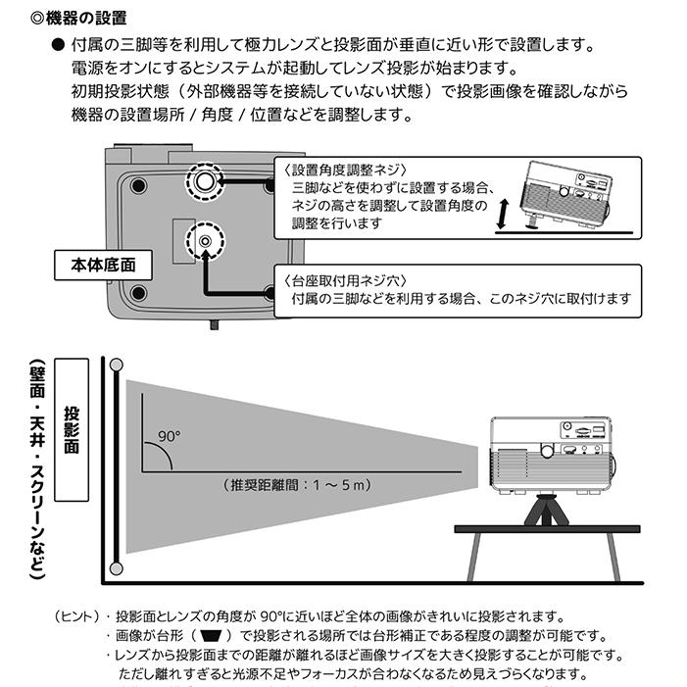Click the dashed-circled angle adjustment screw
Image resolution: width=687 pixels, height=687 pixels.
tap(204, 182)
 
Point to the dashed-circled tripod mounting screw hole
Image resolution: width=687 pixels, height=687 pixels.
tap(204, 240)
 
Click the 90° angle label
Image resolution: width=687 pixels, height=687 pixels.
tap(169, 435)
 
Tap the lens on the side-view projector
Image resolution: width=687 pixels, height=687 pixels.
tap(546, 452)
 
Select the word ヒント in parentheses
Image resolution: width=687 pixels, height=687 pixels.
tap(77, 617)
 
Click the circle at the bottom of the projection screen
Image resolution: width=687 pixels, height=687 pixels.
tap(116, 567)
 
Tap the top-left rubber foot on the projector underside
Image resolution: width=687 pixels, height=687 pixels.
tap(137, 183)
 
